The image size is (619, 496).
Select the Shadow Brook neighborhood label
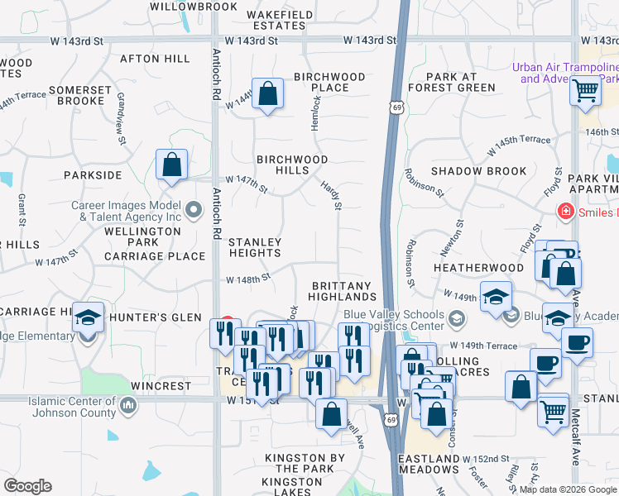pyautogui.click(x=478, y=171)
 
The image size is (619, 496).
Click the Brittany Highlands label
pyautogui.click(x=343, y=291)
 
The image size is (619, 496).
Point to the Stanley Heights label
pyautogui.click(x=255, y=247)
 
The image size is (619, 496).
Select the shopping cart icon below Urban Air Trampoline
pyautogui.click(x=585, y=89)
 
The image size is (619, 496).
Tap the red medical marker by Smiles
pyautogui.click(x=566, y=211)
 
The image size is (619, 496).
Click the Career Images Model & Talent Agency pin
pyautogui.click(x=194, y=210)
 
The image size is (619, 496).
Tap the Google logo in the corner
pyautogui.click(x=27, y=486)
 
